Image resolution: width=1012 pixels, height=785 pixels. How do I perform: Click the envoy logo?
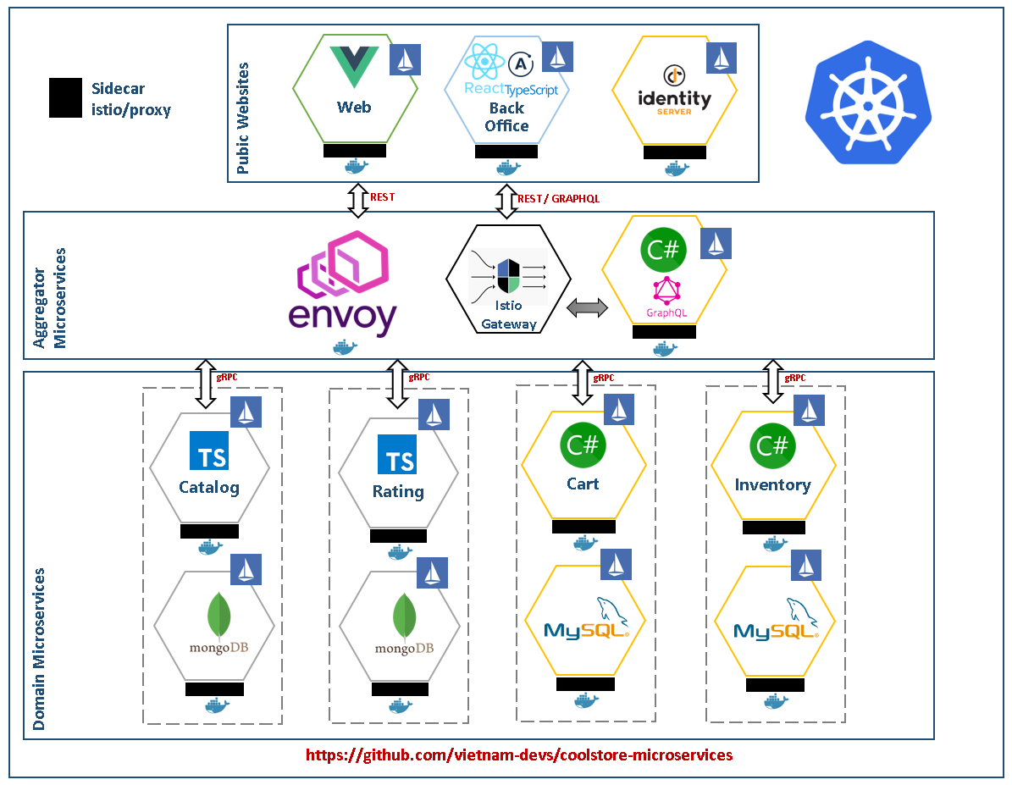(342, 284)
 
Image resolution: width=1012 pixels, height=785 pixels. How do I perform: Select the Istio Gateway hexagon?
(509, 279)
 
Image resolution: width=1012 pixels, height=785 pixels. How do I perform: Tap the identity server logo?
(674, 91)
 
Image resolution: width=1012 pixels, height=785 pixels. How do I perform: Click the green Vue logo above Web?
(354, 67)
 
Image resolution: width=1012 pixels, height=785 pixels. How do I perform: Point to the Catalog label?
(209, 488)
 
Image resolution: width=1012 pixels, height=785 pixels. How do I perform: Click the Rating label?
(398, 492)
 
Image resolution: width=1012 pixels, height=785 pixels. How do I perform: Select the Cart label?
(583, 484)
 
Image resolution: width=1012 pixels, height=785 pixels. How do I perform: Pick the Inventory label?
(772, 485)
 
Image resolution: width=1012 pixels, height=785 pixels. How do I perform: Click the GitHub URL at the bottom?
(519, 755)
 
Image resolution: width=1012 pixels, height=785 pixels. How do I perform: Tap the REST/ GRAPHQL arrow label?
(558, 199)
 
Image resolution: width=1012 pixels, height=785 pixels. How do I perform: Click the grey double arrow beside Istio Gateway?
(588, 308)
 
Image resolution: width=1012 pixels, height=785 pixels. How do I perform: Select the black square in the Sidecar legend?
(66, 98)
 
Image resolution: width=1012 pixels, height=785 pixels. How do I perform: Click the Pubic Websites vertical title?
(243, 119)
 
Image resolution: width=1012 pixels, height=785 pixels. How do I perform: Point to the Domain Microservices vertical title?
(39, 649)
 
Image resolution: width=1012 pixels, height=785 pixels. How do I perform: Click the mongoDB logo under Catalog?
(218, 623)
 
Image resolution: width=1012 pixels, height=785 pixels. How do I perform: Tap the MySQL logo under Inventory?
(776, 620)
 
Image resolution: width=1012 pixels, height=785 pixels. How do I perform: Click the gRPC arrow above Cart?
(583, 383)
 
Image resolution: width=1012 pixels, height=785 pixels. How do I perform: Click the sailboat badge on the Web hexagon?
(406, 60)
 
